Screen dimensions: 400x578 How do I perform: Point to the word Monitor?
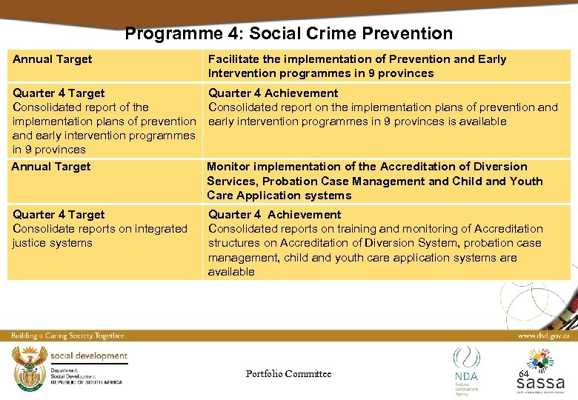(230, 167)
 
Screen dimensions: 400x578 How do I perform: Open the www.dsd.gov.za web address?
(543, 335)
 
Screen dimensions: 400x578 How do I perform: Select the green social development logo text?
(89, 356)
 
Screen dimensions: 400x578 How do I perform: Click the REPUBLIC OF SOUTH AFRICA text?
(87, 383)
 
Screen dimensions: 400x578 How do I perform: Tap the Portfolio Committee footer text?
(288, 374)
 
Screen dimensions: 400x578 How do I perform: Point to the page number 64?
(523, 374)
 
